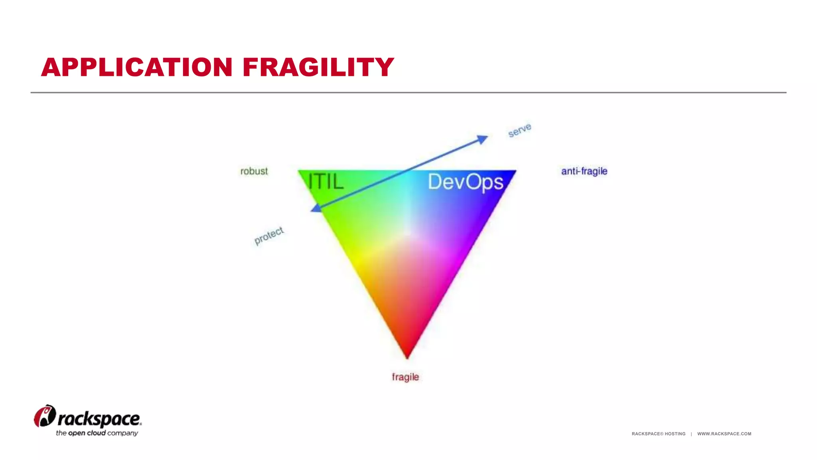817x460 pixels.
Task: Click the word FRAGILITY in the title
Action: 318,67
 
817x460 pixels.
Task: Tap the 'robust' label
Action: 254,171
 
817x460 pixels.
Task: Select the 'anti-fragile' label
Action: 584,171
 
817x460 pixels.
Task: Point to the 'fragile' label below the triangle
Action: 405,377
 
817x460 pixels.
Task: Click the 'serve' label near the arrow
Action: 519,130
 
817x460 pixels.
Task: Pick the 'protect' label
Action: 269,236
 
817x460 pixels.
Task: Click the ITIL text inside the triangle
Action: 326,182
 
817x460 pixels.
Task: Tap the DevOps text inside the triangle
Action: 466,182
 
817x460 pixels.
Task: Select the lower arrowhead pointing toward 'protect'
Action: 316,208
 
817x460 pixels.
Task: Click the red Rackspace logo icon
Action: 45,416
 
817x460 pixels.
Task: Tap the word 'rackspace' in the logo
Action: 99,419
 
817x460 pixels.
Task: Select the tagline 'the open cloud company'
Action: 97,433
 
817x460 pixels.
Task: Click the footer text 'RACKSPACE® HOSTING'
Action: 658,434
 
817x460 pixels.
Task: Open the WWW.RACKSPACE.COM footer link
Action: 724,434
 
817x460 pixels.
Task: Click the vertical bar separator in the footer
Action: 691,434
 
